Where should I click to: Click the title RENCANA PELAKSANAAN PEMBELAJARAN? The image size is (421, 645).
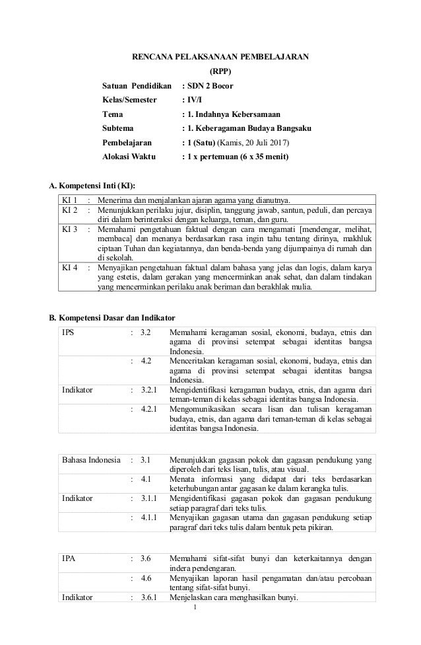tap(220, 57)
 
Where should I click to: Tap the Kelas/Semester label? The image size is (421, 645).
tap(130, 100)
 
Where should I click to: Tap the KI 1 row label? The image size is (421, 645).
tap(69, 200)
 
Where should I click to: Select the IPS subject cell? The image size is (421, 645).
tap(68, 332)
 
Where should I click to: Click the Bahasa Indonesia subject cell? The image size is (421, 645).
tap(90, 459)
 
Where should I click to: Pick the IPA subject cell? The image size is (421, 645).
tap(68, 558)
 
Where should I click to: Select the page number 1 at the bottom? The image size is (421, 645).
tap(213, 608)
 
